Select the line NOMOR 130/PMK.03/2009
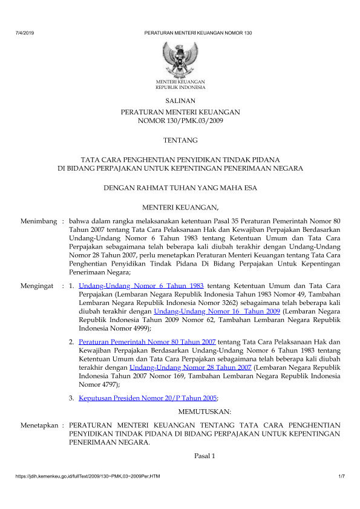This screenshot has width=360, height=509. pyautogui.click(x=180, y=121)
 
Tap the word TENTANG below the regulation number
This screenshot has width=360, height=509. pyautogui.click(x=180, y=141)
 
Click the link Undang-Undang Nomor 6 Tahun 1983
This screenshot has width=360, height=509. pyautogui.click(x=141, y=284)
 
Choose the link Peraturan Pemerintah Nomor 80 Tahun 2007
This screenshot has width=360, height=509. pyautogui.click(x=147, y=341)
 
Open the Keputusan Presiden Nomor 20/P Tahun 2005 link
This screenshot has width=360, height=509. pyautogui.click(x=148, y=398)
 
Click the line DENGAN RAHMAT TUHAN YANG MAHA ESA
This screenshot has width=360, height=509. pyautogui.click(x=180, y=188)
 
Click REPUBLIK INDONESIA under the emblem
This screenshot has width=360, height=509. pyautogui.click(x=180, y=87)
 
